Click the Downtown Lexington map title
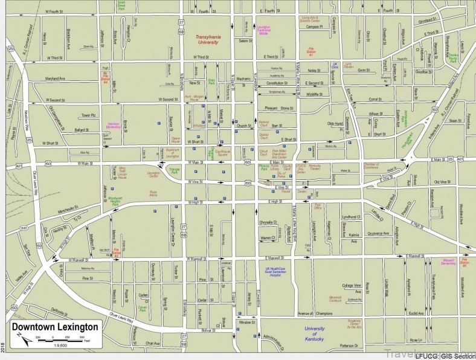[54, 327]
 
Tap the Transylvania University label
[213, 39]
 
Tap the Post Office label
[318, 207]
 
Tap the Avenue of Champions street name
[315, 313]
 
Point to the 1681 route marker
[24, 228]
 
